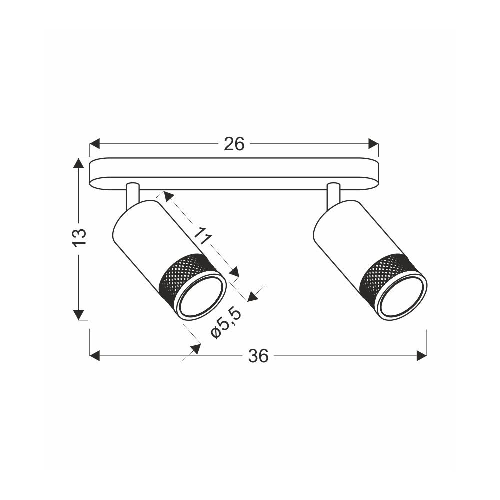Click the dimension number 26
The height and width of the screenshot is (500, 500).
234,144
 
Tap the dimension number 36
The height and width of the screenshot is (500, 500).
258,356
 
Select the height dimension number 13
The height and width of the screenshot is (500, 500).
79,238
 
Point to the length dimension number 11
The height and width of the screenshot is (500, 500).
203,235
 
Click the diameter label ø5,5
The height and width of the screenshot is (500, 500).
226,324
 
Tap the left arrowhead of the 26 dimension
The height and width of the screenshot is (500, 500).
95,144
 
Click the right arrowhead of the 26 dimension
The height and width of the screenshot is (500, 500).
373,144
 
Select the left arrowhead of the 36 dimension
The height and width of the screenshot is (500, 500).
95,356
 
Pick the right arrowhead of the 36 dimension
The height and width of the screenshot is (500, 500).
422,356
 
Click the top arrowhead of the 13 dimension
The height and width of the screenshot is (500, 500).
79,163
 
